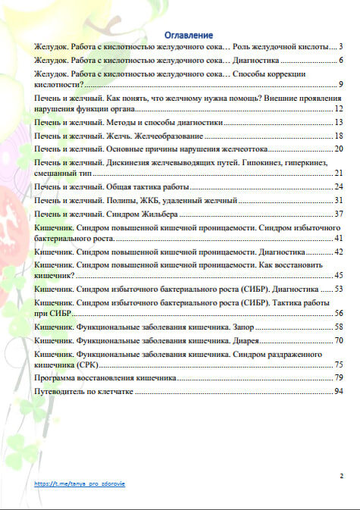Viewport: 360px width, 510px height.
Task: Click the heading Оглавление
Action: click(x=189, y=35)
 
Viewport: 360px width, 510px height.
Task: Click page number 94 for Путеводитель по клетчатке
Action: click(x=340, y=391)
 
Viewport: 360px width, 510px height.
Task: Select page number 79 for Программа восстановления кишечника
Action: click(x=340, y=377)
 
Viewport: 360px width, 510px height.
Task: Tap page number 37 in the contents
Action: click(x=340, y=214)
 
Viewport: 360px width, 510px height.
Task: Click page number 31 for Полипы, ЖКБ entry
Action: click(x=340, y=200)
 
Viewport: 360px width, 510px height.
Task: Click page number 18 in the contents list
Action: click(x=340, y=135)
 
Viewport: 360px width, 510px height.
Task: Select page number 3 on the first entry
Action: click(x=342, y=46)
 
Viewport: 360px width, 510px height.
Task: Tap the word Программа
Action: click(x=58, y=377)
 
